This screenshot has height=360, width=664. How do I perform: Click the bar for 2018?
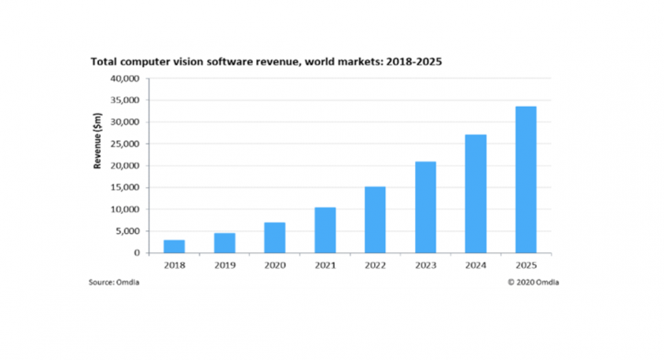click(x=174, y=246)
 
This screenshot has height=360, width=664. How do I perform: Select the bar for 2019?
click(x=224, y=243)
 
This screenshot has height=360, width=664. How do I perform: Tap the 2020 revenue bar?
click(x=274, y=237)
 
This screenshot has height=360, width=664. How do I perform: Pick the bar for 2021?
click(x=325, y=230)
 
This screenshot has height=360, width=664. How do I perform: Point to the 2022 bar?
click(x=375, y=219)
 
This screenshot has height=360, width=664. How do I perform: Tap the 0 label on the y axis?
click(x=137, y=253)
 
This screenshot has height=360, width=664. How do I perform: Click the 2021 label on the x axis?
click(x=325, y=265)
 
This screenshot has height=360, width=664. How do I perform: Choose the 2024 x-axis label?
click(x=475, y=265)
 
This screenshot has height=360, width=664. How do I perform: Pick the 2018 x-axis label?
click(x=174, y=265)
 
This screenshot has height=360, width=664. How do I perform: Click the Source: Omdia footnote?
click(x=111, y=281)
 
